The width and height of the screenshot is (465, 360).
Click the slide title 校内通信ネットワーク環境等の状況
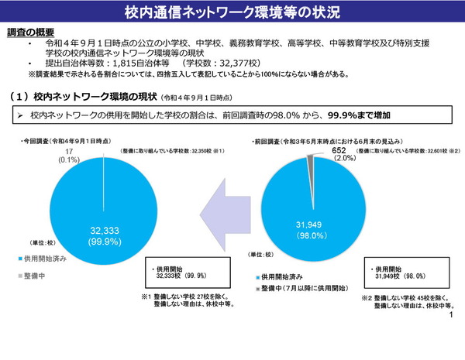tap(232, 13)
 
